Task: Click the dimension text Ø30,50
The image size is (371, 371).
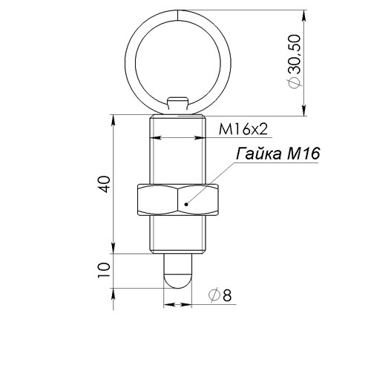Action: click(295, 62)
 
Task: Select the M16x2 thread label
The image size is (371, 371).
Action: click(243, 129)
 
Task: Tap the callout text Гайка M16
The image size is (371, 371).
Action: click(278, 154)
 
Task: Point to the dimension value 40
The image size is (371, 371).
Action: click(104, 184)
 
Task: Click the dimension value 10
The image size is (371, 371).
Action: click(104, 270)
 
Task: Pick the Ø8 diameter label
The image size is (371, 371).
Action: click(220, 295)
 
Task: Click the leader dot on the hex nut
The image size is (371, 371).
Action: click(186, 204)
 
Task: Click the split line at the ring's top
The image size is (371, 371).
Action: click(177, 15)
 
